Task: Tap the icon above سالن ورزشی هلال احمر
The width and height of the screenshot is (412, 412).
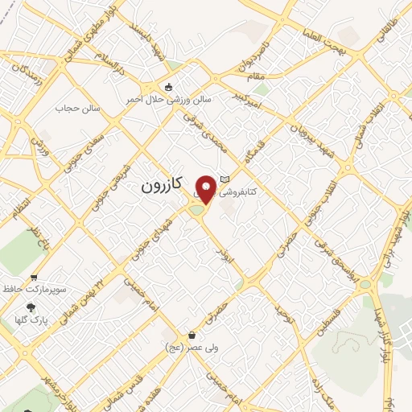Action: click(167, 87)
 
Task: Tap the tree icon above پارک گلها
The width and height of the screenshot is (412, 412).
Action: click(31, 307)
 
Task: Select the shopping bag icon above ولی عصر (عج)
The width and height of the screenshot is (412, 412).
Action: click(192, 334)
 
